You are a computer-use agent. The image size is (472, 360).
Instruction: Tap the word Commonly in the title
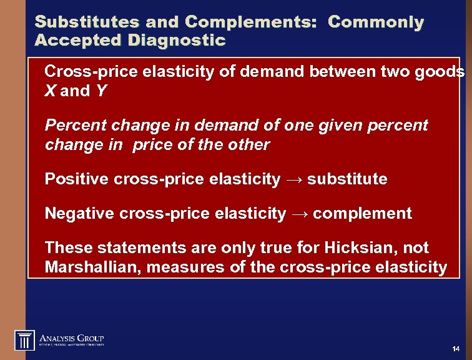pos(376,22)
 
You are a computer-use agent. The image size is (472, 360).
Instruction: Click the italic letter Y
pos(101,91)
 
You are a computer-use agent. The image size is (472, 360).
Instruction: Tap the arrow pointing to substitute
pos(293,180)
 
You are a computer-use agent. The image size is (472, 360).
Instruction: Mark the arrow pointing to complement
pos(299,214)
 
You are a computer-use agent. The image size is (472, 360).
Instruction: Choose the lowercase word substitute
pos(347,179)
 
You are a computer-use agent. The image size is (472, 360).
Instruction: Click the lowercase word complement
pos(362,214)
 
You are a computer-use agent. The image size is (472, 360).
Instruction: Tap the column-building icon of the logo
pos(24,340)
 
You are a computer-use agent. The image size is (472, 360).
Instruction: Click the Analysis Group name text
pos(72,337)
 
